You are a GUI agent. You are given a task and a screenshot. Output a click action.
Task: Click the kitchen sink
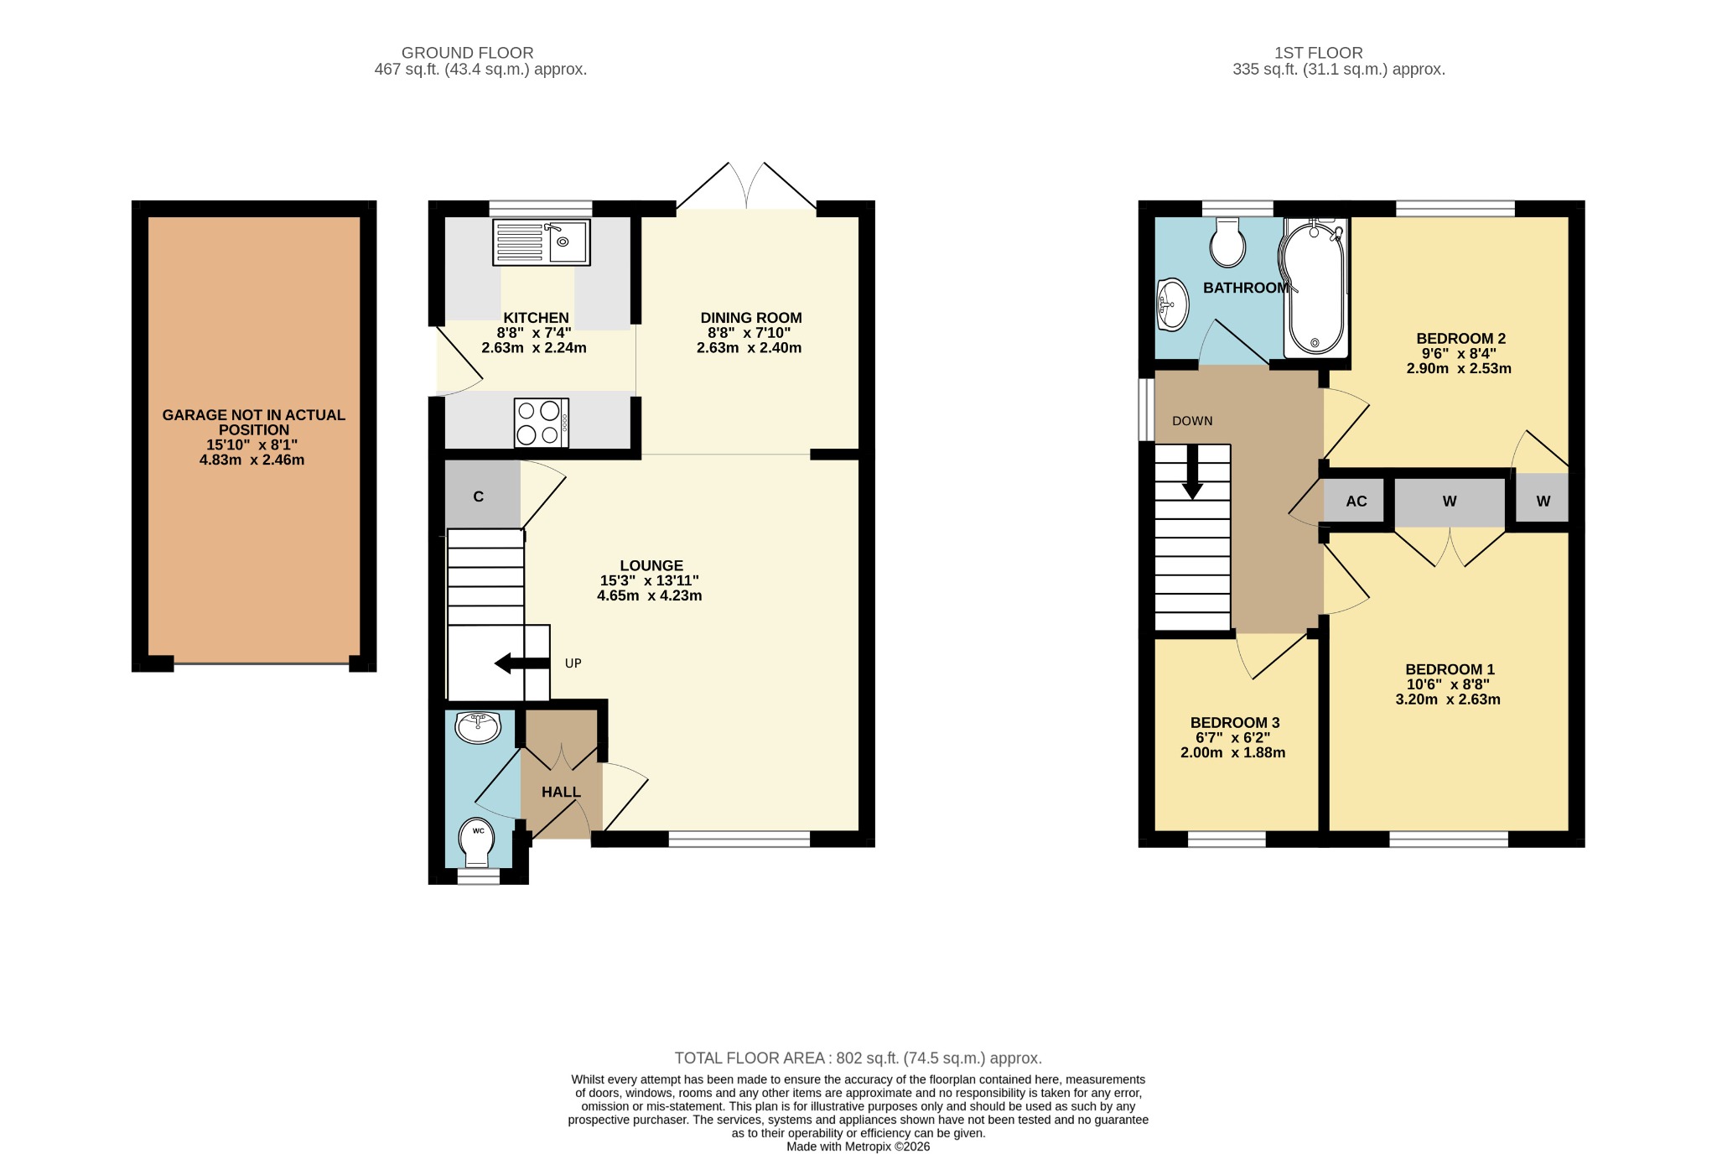[x=542, y=242]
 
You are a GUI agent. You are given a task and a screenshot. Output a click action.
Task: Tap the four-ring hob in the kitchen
[x=542, y=423]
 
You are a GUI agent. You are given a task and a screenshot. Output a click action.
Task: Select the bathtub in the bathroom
[x=1314, y=288]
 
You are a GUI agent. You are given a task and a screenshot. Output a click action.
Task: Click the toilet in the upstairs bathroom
[x=1228, y=242]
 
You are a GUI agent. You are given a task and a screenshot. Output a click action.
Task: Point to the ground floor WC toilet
[x=476, y=842]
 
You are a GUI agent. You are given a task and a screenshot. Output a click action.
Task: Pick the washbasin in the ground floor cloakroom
[x=478, y=726]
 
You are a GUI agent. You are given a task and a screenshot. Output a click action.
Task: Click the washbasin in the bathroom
[x=1173, y=304]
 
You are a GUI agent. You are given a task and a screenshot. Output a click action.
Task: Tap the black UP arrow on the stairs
[x=522, y=663]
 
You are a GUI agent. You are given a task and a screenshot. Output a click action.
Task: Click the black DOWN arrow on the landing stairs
[x=1192, y=471]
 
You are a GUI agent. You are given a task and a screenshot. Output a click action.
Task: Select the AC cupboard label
[x=1356, y=502]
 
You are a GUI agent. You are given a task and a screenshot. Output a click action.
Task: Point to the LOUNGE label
[x=651, y=565]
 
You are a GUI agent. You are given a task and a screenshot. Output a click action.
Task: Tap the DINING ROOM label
[x=751, y=318]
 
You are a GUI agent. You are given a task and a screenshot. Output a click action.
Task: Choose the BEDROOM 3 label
[x=1235, y=723]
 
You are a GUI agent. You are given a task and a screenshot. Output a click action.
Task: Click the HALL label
[x=561, y=792]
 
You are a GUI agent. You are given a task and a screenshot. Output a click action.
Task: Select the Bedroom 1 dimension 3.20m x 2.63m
[x=1448, y=699]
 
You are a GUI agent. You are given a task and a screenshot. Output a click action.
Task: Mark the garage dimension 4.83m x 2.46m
[x=252, y=460]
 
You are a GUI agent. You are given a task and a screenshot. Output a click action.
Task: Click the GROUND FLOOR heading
[x=468, y=53]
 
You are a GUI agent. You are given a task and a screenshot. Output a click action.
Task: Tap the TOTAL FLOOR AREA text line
[x=858, y=1058]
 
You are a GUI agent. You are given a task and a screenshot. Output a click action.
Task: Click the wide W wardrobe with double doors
[x=1450, y=502]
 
